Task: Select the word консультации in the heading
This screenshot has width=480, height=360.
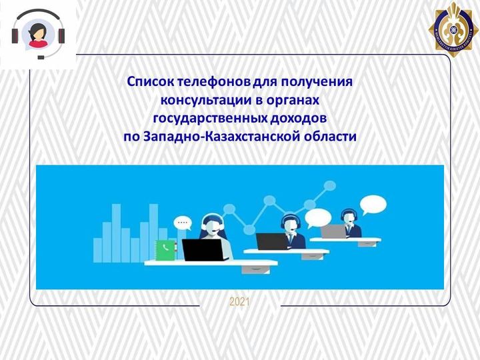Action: click(x=206, y=100)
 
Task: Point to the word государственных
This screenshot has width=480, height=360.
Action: click(x=210, y=119)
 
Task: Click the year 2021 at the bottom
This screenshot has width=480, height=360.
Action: click(x=240, y=303)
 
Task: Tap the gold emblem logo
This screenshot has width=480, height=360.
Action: click(x=453, y=29)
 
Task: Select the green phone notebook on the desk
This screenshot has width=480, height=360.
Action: click(x=165, y=250)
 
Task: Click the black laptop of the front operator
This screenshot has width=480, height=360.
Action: click(x=203, y=249)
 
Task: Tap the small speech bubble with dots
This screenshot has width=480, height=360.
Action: click(x=183, y=223)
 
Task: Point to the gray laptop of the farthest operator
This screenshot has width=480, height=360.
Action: click(x=333, y=231)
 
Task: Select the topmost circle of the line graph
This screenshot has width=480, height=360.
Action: click(x=330, y=185)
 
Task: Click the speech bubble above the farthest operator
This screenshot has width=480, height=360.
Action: click(x=373, y=205)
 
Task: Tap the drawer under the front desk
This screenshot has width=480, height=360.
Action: click(x=256, y=269)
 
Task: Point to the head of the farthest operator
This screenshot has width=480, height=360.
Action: click(x=349, y=217)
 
